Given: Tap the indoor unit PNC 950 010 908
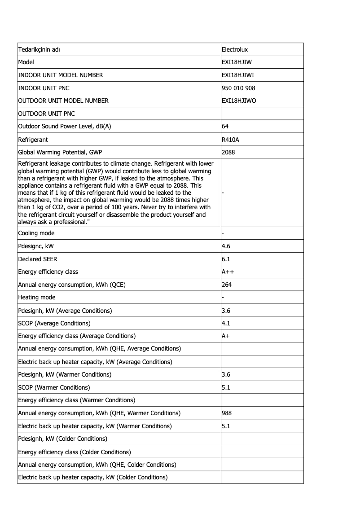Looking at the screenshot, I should (x=238, y=88).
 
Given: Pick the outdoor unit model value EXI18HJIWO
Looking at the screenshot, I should (x=239, y=101).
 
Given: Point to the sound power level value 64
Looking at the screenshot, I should (x=225, y=127).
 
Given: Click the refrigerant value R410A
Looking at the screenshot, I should (x=231, y=140).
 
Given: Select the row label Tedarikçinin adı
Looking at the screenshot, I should (x=39, y=49).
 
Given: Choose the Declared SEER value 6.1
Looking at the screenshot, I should (x=226, y=259).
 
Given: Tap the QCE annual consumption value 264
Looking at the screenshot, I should (x=227, y=285).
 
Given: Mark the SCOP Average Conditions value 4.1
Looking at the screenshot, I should (x=226, y=323).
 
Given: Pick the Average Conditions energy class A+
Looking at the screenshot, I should (x=226, y=336).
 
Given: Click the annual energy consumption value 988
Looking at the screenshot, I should (x=227, y=413).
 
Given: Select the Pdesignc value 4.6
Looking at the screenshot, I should (x=226, y=246).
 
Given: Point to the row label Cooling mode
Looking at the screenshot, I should (x=36, y=233).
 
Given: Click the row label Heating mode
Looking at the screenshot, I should (x=37, y=298).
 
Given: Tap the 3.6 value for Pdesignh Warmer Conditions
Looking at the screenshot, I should (x=226, y=374).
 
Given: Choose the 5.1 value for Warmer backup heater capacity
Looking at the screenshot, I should (x=226, y=426).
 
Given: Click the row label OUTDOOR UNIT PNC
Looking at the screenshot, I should (x=47, y=114).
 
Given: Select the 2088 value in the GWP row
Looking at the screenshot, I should (x=228, y=152).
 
